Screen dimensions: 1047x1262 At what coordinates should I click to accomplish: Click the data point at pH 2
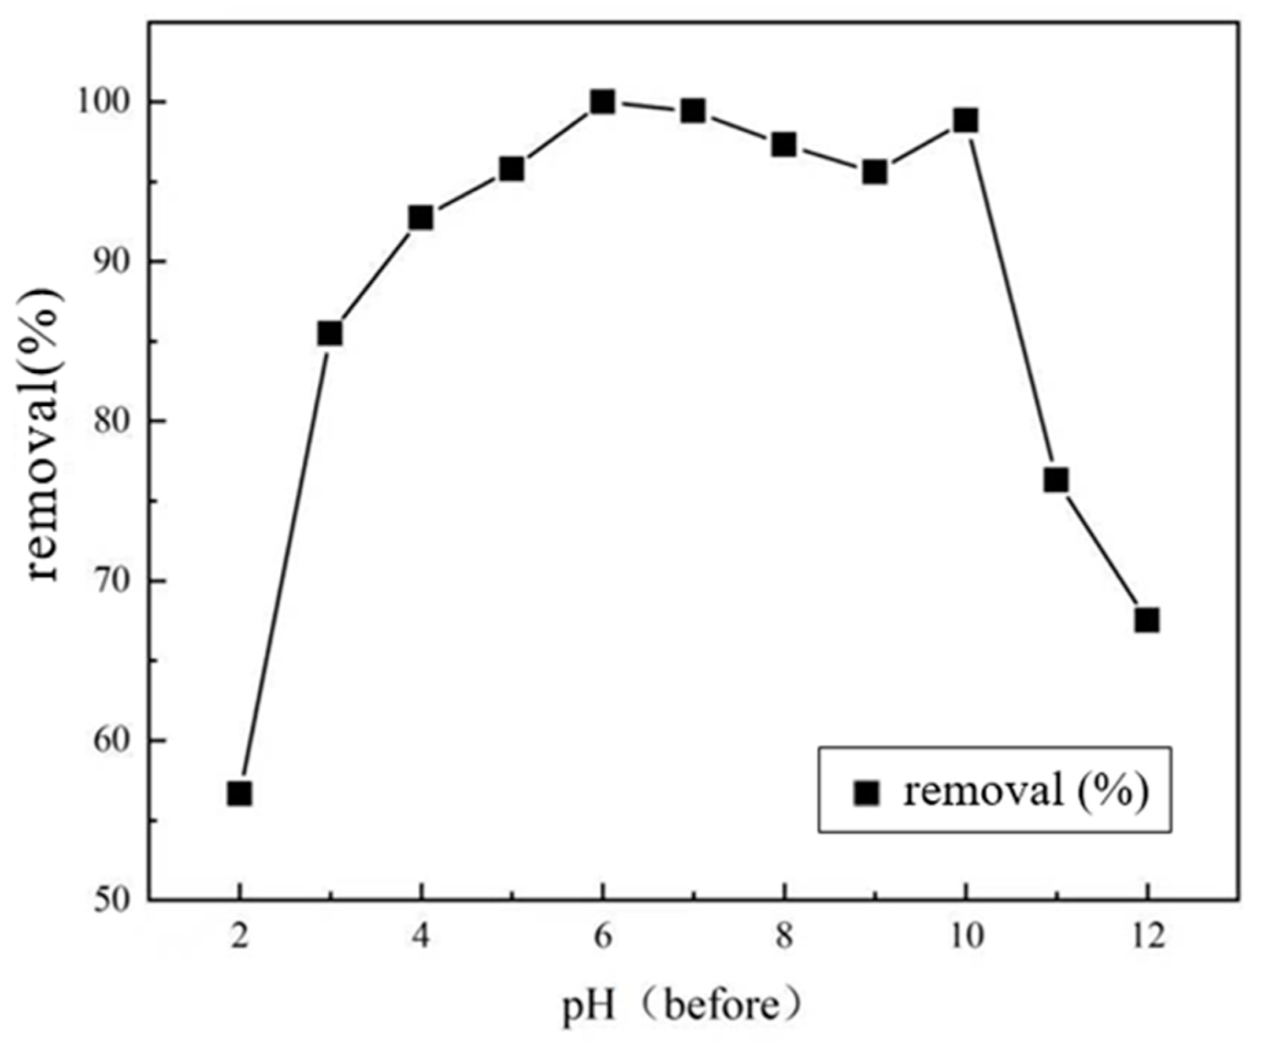click(x=239, y=794)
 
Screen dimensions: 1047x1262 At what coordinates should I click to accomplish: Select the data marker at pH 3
click(x=330, y=333)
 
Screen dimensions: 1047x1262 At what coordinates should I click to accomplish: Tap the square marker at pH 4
click(x=420, y=217)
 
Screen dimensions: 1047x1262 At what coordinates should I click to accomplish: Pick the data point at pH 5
click(x=512, y=169)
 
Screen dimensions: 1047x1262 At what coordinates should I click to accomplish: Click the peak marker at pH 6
click(x=602, y=102)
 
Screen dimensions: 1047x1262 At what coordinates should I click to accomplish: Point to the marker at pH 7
click(x=693, y=111)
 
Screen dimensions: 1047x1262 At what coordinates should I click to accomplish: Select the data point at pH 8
click(x=784, y=145)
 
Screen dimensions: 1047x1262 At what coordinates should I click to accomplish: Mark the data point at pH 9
click(x=874, y=173)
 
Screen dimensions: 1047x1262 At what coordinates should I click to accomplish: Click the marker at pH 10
click(x=966, y=120)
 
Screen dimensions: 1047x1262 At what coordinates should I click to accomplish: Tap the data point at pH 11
click(x=1056, y=481)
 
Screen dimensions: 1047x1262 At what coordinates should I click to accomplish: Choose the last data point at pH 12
click(x=1147, y=621)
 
